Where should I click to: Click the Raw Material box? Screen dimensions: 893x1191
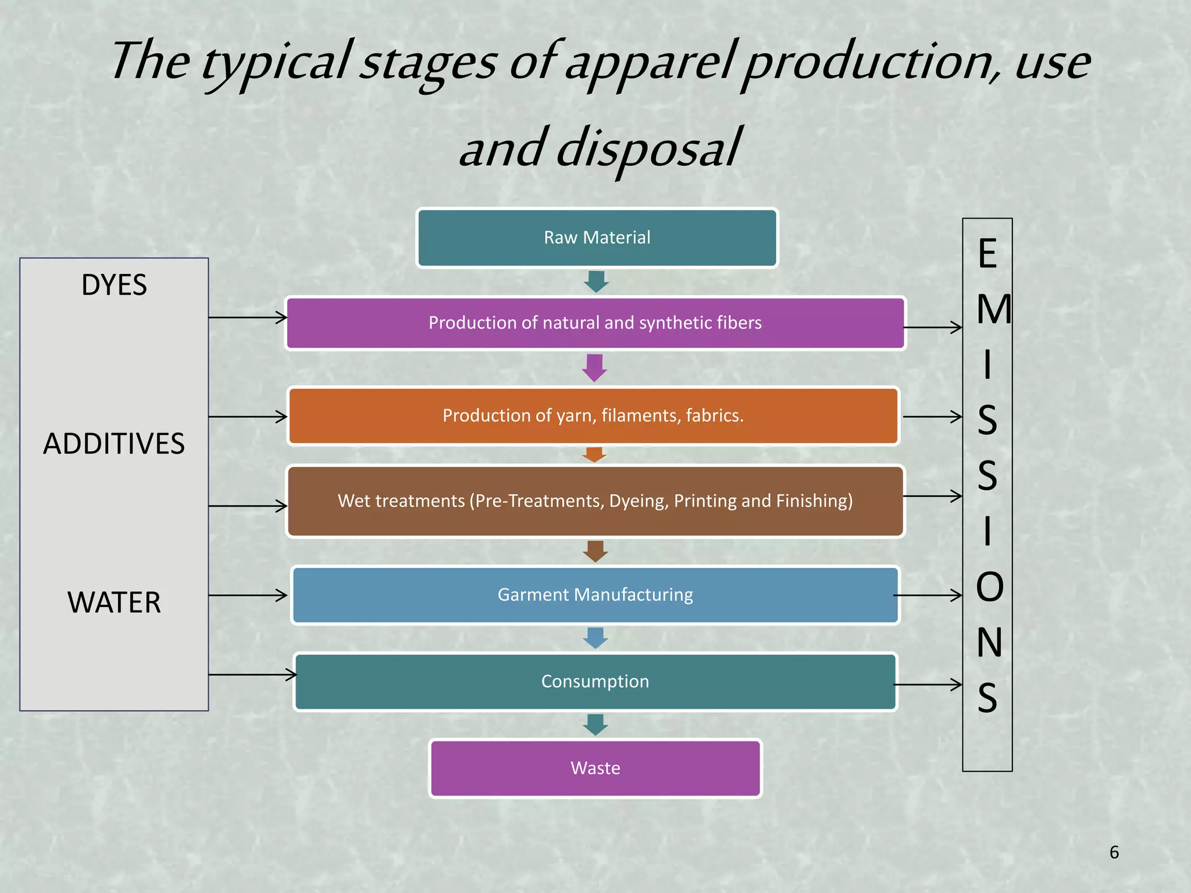[x=597, y=238]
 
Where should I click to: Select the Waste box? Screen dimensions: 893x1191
[x=595, y=768]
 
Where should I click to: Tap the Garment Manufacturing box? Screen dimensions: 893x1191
[x=595, y=595]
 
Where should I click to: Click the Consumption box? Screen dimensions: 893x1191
[x=595, y=681]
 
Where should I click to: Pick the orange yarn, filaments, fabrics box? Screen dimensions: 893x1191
[x=593, y=416]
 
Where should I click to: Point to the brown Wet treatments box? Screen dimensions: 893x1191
[x=595, y=501]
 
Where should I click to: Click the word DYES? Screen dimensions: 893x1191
[x=114, y=285]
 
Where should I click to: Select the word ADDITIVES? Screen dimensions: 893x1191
[x=114, y=444]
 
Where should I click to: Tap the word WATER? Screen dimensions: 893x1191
[x=114, y=602]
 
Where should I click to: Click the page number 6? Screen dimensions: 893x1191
[x=1114, y=852]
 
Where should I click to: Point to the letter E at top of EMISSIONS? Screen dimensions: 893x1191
[x=987, y=254]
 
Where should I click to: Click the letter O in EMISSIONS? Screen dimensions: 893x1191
[x=989, y=587]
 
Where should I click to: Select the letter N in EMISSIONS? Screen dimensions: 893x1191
[x=989, y=642]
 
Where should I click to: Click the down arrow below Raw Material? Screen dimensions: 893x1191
[x=596, y=282]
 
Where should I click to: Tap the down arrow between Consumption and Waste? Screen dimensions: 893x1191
[x=595, y=725]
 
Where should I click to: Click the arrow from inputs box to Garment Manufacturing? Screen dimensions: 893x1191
[x=248, y=595]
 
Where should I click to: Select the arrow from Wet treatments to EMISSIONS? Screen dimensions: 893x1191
[x=932, y=496]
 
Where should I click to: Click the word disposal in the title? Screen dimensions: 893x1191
[x=648, y=148]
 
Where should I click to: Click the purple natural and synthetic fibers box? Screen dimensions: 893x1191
[x=595, y=323]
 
